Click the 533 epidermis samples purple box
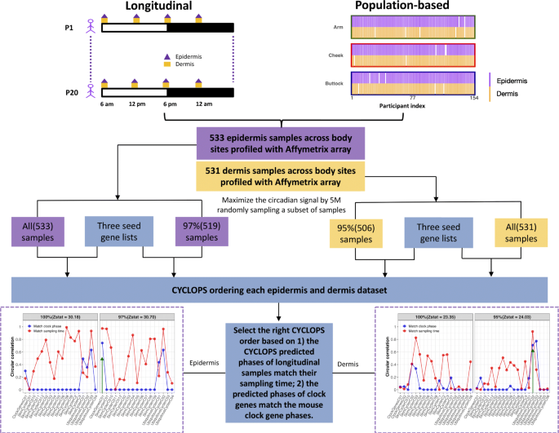(x=278, y=141)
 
